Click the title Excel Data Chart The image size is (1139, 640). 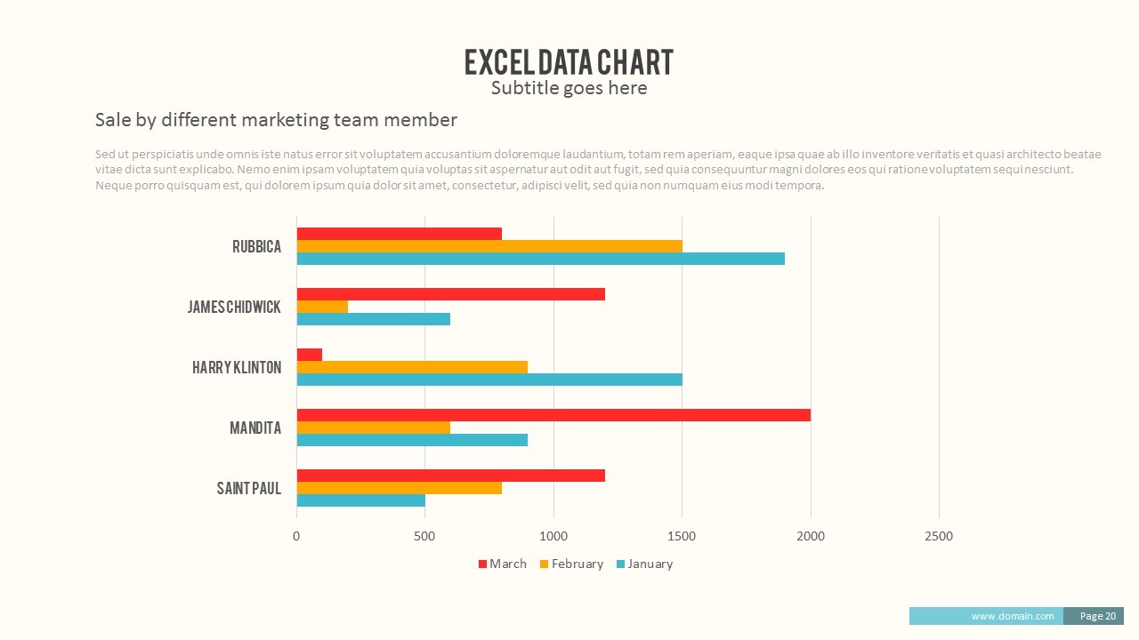(x=569, y=62)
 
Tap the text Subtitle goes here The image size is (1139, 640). (x=569, y=88)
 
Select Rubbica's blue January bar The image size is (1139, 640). (x=540, y=259)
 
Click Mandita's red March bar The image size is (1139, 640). (x=553, y=415)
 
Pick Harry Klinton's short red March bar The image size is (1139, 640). (x=310, y=355)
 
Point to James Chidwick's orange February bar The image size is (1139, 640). (x=322, y=307)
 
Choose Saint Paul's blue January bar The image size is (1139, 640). (x=360, y=500)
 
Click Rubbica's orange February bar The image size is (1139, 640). (x=489, y=246)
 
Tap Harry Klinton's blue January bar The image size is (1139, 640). (x=489, y=380)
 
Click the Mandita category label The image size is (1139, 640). (x=255, y=428)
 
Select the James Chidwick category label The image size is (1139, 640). (x=234, y=307)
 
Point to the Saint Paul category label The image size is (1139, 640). (x=249, y=488)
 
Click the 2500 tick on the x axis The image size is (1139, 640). (x=939, y=536)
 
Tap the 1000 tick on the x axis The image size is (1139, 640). (x=553, y=536)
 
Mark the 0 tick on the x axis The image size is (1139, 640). (x=296, y=536)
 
